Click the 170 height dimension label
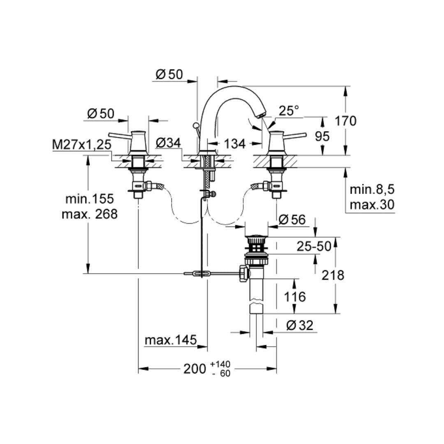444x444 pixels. click(345, 121)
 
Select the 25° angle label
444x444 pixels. click(289, 111)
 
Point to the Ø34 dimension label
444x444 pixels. click(168, 143)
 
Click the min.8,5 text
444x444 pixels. click(372, 190)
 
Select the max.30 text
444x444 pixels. click(372, 204)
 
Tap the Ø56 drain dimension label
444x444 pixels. click(292, 220)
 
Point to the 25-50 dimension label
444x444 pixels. click(314, 246)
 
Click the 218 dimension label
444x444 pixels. click(333, 275)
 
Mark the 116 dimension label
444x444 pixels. click(294, 296)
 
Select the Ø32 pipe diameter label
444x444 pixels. click(299, 326)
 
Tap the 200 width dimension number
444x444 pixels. click(194, 369)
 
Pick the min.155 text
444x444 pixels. click(90, 199)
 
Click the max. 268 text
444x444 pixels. click(90, 214)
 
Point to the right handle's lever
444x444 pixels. click(296, 135)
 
